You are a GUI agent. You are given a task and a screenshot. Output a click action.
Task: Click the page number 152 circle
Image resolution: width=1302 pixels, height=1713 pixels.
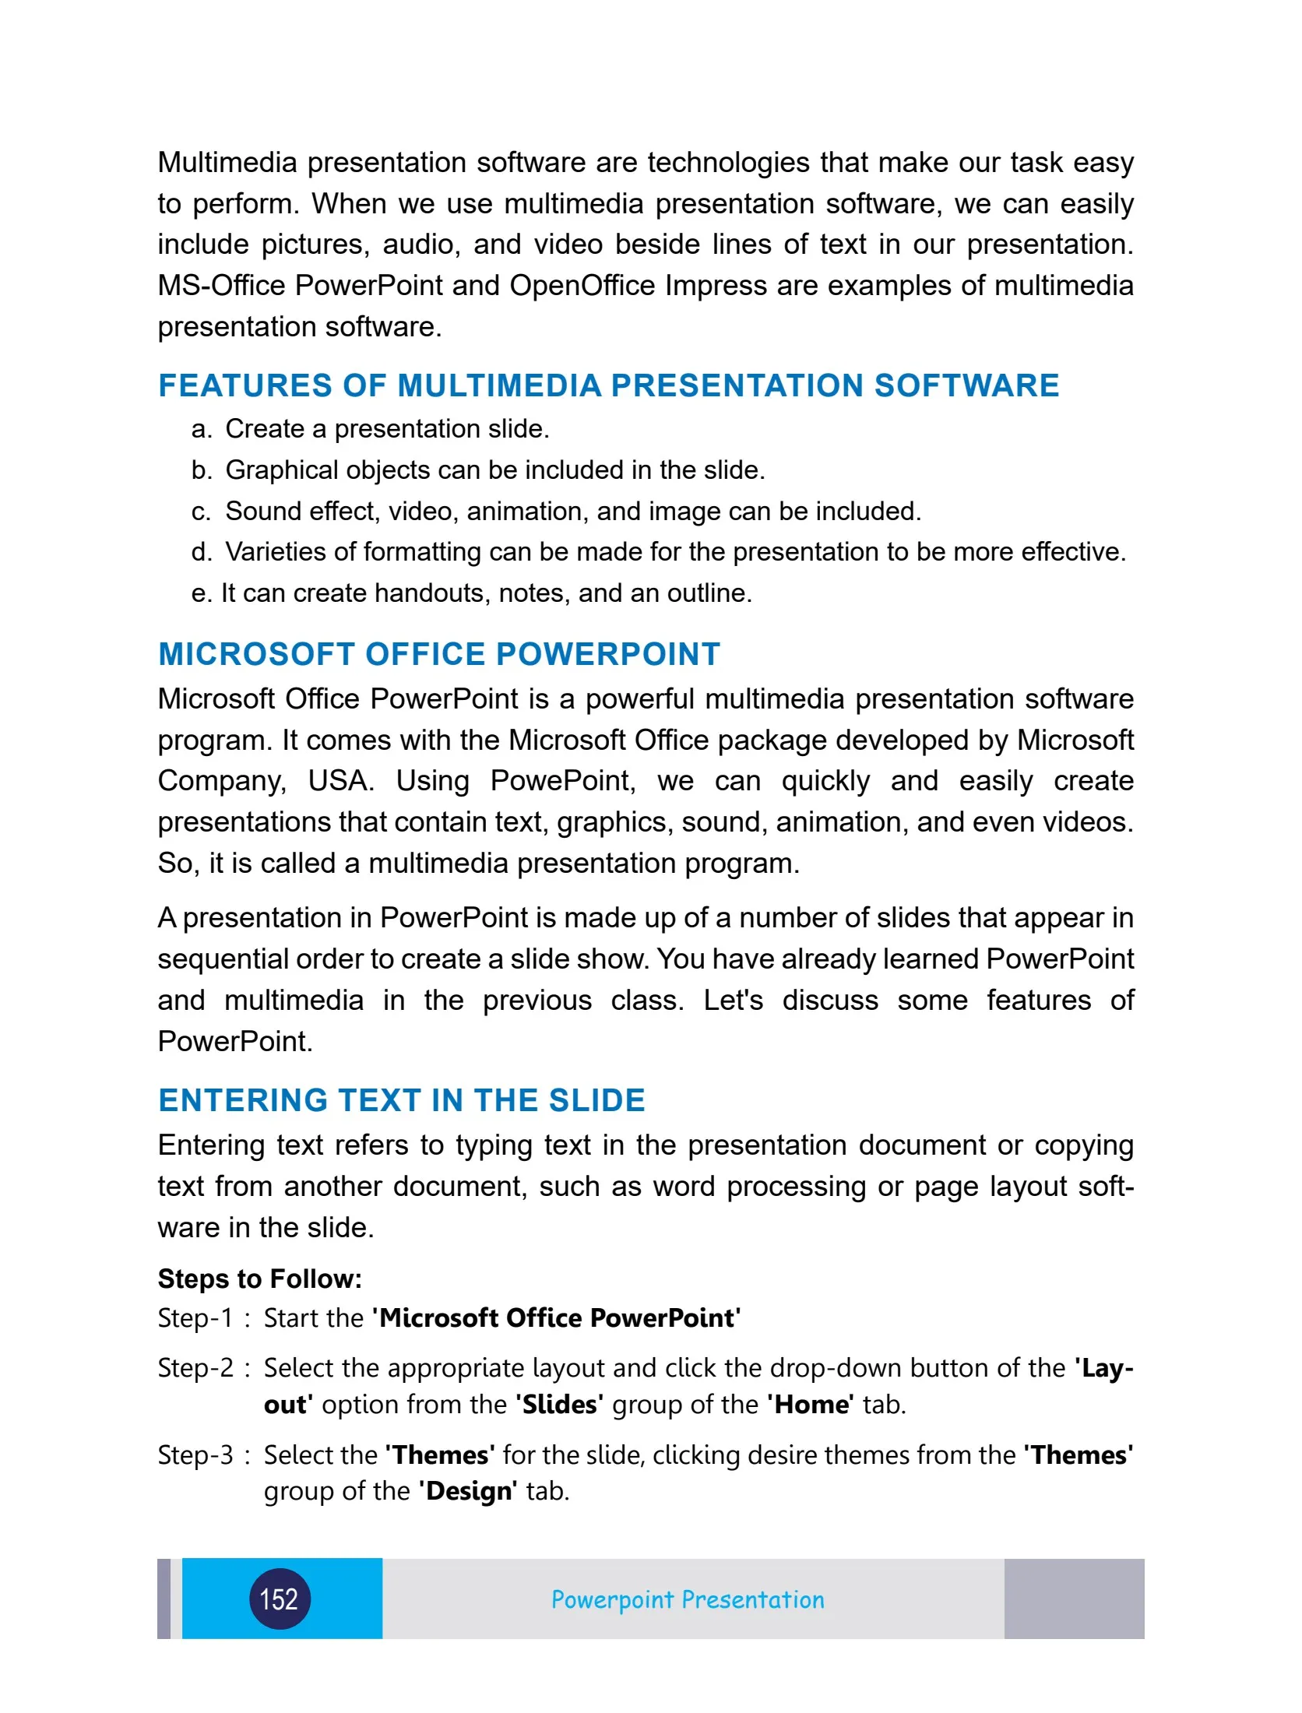[280, 1599]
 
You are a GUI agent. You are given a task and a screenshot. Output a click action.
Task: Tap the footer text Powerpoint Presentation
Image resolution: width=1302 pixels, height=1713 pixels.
[687, 1599]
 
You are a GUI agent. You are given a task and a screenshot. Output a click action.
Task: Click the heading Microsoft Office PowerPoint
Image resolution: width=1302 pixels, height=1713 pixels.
[439, 654]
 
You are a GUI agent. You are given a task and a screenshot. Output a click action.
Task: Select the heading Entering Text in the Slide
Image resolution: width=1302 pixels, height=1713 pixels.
[402, 1100]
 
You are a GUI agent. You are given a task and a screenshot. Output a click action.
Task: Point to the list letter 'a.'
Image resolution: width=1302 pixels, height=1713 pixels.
[202, 429]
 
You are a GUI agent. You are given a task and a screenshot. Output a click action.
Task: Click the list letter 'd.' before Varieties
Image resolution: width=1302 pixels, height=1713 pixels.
[202, 552]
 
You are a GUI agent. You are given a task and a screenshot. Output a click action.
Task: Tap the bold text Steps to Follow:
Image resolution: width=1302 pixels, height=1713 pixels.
[260, 1279]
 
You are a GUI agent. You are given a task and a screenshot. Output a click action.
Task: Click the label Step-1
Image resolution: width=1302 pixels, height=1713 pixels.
[195, 1318]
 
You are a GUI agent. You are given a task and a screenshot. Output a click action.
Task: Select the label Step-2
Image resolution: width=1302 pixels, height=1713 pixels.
[195, 1368]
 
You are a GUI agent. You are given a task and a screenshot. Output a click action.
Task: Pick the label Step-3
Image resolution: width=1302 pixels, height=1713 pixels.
[195, 1455]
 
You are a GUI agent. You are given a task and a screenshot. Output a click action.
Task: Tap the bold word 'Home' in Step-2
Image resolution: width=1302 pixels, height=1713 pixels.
[810, 1405]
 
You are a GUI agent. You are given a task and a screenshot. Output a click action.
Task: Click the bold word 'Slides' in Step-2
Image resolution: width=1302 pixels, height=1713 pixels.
[559, 1405]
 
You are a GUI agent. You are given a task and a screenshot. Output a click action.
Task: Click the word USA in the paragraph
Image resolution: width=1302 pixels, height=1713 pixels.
[340, 781]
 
